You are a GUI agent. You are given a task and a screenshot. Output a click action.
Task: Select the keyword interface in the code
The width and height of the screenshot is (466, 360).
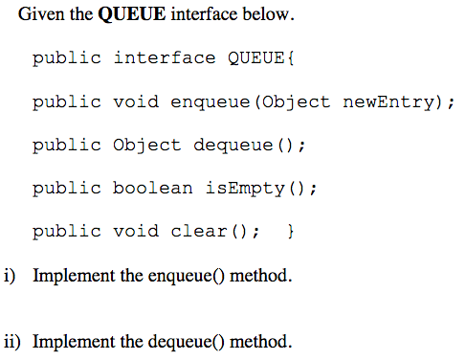(165, 58)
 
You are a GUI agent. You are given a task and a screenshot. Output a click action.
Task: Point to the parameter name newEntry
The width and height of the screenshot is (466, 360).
(388, 101)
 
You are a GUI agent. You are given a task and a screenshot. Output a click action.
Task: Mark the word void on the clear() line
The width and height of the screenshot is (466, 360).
(135, 231)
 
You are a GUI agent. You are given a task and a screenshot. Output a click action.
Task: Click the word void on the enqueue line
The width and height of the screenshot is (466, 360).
(135, 101)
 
